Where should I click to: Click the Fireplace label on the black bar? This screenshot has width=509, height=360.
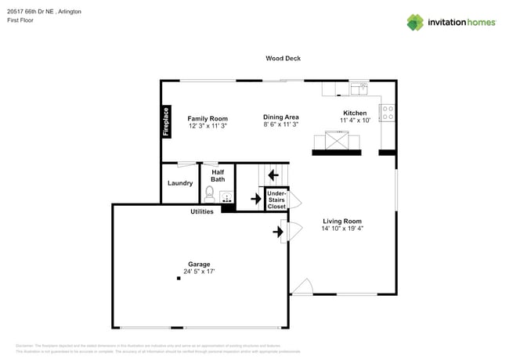pyautogui.click(x=166, y=121)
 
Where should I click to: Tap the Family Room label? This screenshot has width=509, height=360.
pyautogui.click(x=208, y=118)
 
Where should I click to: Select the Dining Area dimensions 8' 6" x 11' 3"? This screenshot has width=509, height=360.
pyautogui.click(x=280, y=125)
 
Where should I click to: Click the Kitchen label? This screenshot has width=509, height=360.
pyautogui.click(x=354, y=113)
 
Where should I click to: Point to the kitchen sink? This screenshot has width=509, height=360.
pyautogui.click(x=359, y=88)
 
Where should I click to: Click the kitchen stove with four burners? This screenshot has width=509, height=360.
pyautogui.click(x=387, y=113)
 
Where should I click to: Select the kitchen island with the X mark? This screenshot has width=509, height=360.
pyautogui.click(x=337, y=142)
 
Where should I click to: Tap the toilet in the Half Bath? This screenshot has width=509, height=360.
pyautogui.click(x=210, y=193)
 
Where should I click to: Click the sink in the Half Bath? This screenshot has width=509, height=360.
pyautogui.click(x=227, y=196)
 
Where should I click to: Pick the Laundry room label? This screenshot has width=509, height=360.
pyautogui.click(x=180, y=183)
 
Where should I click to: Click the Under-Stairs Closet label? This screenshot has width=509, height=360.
pyautogui.click(x=276, y=200)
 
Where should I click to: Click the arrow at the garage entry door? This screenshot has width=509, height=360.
pyautogui.click(x=278, y=231)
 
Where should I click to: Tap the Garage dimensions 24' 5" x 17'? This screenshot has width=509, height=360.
pyautogui.click(x=199, y=272)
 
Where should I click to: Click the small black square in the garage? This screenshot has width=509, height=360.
pyautogui.click(x=178, y=279)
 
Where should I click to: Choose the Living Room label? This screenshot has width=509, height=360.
pyautogui.click(x=342, y=221)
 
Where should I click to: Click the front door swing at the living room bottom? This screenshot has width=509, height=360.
pyautogui.click(x=304, y=287)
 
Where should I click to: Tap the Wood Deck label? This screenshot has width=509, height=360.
pyautogui.click(x=283, y=58)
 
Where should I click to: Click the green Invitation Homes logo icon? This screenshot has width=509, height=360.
pyautogui.click(x=415, y=22)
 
